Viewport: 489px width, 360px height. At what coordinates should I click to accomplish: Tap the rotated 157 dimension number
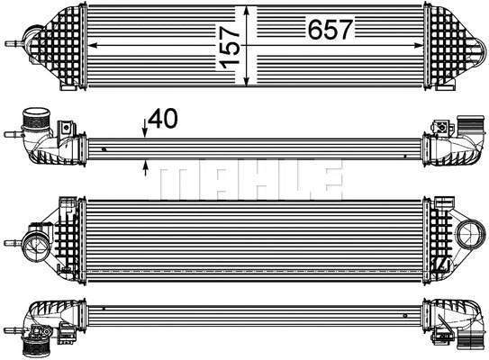pyautogui.click(x=230, y=46)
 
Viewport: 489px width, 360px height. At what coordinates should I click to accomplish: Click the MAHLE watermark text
pyautogui.click(x=249, y=182)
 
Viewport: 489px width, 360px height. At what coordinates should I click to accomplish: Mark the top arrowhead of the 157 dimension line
pyautogui.click(x=246, y=7)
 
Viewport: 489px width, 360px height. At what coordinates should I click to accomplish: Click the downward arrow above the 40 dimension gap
pyautogui.click(x=145, y=131)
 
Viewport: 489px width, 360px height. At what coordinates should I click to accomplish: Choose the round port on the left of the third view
pyautogui.click(x=38, y=242)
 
